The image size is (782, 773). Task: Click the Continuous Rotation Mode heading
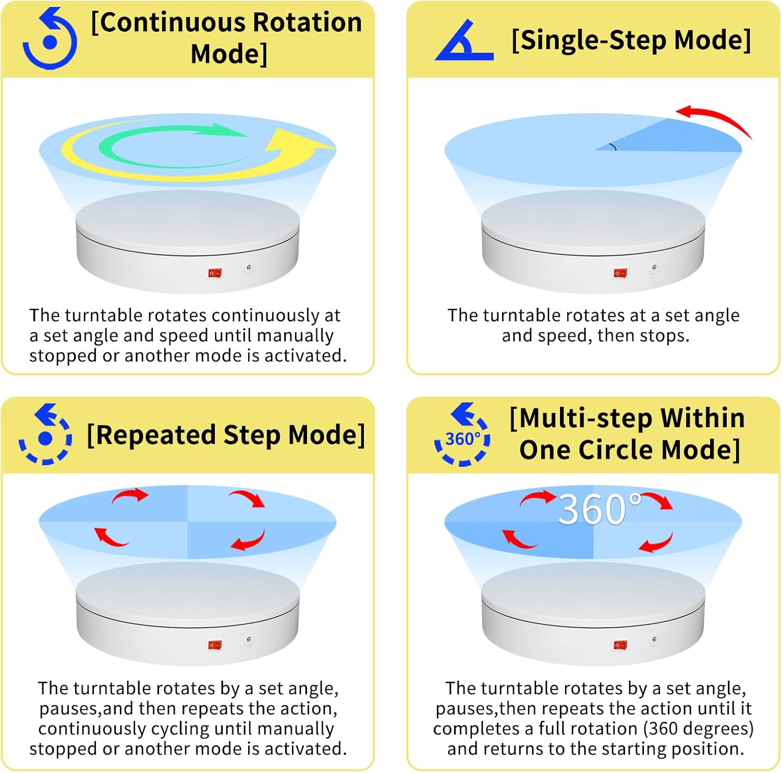click(x=227, y=38)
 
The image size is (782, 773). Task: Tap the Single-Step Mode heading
click(x=631, y=40)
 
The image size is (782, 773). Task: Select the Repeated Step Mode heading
click(x=226, y=435)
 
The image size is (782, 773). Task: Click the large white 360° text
click(x=600, y=509)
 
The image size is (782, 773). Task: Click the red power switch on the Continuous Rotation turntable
click(x=215, y=273)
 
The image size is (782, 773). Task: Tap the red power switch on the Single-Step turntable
click(x=620, y=273)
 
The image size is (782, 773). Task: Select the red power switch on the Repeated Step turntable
click(x=215, y=645)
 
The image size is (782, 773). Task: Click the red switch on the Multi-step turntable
click(x=620, y=645)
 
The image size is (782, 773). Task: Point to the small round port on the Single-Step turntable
click(x=654, y=268)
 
